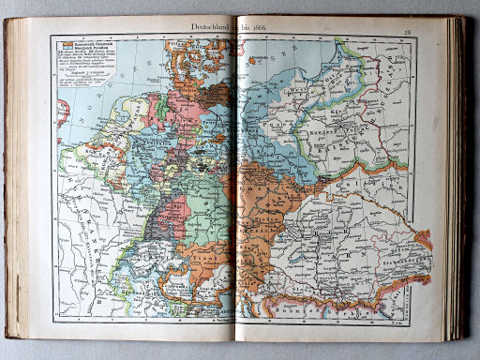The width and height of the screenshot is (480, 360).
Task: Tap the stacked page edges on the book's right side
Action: click(457, 178)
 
